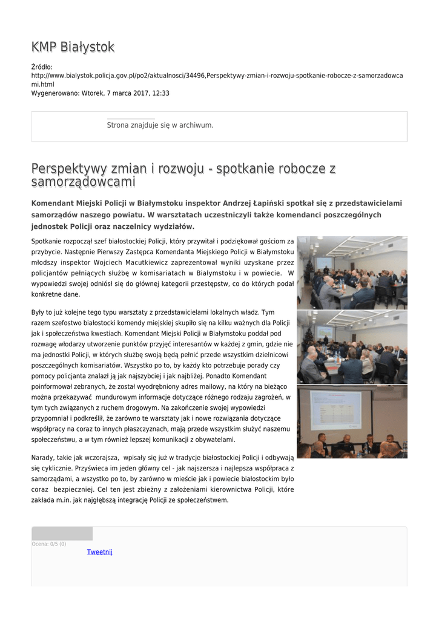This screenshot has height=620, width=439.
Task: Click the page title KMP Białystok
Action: pyautogui.click(x=73, y=47)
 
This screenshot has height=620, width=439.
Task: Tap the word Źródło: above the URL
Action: pyautogui.click(x=42, y=67)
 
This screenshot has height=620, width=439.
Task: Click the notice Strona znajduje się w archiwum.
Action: pyautogui.click(x=160, y=125)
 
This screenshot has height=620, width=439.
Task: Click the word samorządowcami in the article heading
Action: pyautogui.click(x=84, y=182)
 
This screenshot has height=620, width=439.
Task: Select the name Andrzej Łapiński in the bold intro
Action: pyautogui.click(x=251, y=203)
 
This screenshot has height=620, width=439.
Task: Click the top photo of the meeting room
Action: pyautogui.click(x=352, y=272)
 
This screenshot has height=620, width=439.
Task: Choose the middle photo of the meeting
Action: pyautogui.click(x=352, y=347)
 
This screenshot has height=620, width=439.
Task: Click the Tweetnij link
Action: pyautogui.click(x=99, y=552)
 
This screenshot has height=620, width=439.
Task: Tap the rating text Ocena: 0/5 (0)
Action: pyautogui.click(x=49, y=544)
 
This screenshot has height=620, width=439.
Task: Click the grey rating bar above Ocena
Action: pyautogui.click(x=62, y=533)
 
